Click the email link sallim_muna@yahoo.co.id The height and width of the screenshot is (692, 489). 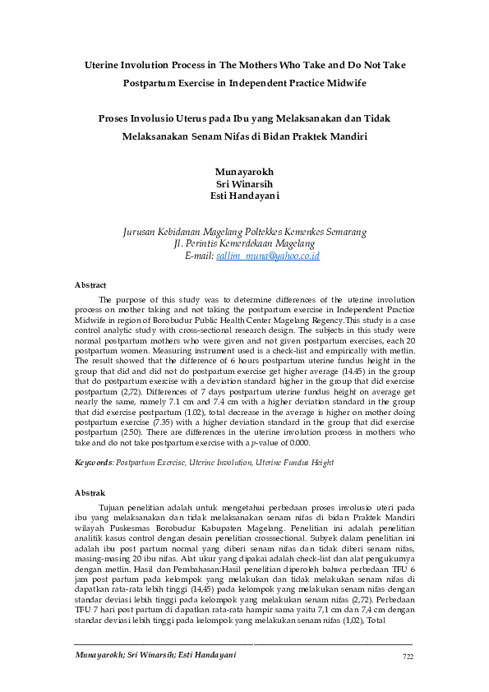[267, 256]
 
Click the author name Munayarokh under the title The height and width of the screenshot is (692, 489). [244, 171]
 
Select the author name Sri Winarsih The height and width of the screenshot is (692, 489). [243, 183]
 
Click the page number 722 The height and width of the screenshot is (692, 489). [407, 655]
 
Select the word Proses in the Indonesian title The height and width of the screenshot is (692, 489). [114, 118]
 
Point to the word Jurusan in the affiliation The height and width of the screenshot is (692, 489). [139, 233]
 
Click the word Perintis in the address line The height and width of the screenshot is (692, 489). [205, 244]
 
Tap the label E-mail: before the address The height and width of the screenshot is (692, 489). [200, 256]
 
